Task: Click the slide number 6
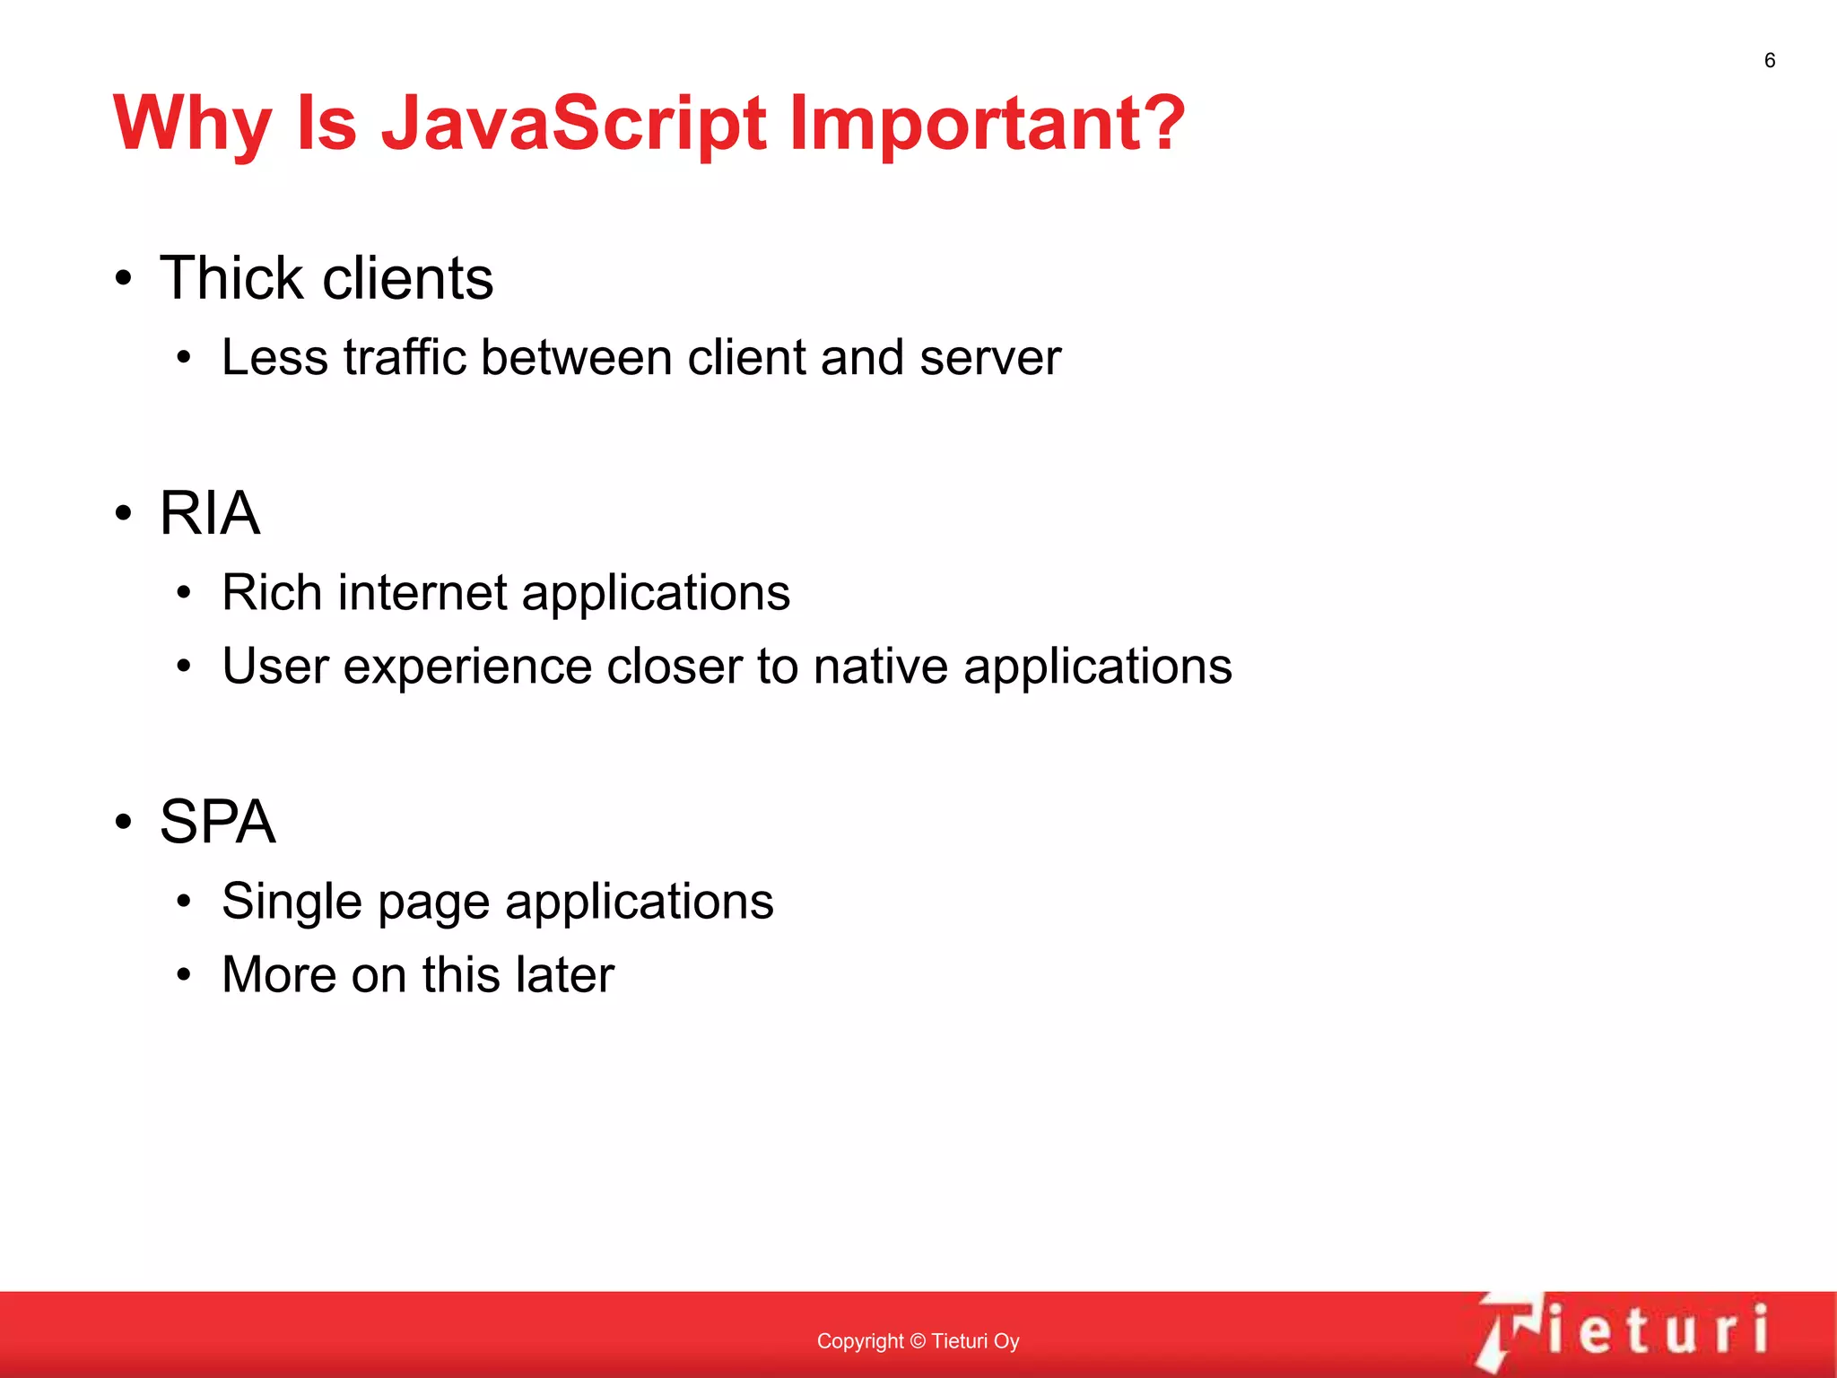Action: [x=1769, y=60]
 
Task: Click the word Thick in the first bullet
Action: [x=232, y=277]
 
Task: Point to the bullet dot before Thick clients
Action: [x=124, y=278]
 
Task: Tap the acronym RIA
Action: [x=210, y=513]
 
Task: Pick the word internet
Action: [x=423, y=593]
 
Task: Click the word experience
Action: [x=466, y=667]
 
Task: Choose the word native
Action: [x=880, y=667]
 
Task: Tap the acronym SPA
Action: [x=217, y=822]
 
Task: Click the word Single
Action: [x=292, y=902]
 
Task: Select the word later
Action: [x=564, y=974]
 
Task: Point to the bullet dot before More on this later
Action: [x=184, y=975]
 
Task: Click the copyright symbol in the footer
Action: [x=917, y=1341]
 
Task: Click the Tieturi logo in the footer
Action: [x=1624, y=1330]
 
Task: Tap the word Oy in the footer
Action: [x=1006, y=1341]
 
